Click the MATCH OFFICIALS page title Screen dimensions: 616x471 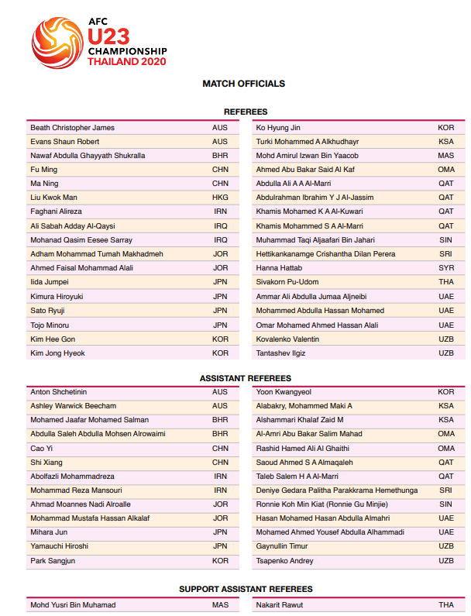(x=243, y=84)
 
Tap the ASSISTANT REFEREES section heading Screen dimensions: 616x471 (x=246, y=378)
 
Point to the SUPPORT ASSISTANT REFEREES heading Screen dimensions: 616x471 (x=246, y=590)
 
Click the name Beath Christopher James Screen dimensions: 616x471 (x=72, y=128)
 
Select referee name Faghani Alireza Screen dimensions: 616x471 (x=56, y=212)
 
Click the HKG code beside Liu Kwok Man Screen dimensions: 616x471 (x=220, y=198)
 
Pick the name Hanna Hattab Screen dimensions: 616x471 (x=279, y=268)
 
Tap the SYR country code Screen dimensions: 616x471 (x=445, y=268)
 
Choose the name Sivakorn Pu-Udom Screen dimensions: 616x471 (x=287, y=282)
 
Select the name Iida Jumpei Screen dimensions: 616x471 (x=50, y=282)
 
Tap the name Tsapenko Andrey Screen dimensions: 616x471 (x=285, y=561)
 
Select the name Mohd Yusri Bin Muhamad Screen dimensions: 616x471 (x=72, y=605)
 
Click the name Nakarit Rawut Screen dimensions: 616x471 (x=280, y=605)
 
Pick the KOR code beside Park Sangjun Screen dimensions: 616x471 (x=220, y=561)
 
